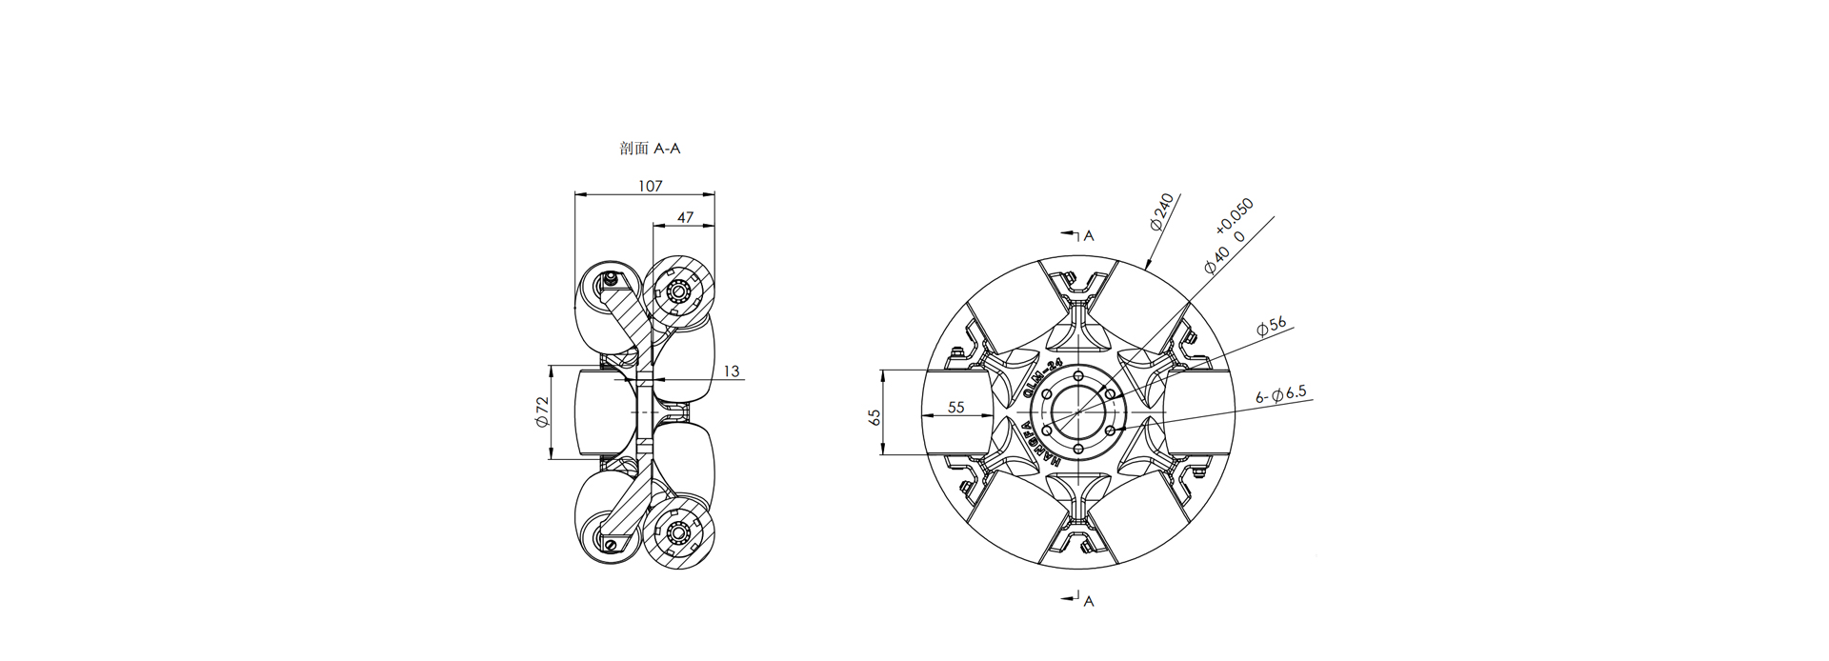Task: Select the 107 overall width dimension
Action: (650, 187)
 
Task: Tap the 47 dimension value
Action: (685, 217)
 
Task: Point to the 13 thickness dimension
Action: (732, 371)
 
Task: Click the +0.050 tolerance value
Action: (1235, 216)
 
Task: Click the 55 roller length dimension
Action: (956, 407)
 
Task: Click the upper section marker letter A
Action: (1090, 235)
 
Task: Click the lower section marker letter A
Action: (1089, 601)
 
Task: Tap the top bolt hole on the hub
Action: (1078, 374)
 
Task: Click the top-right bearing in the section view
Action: (678, 290)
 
